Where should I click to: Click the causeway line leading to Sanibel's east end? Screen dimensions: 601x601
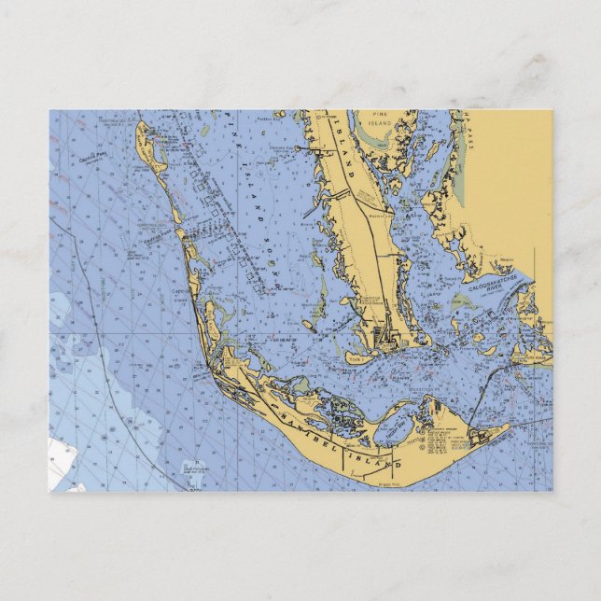tap(471, 397)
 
